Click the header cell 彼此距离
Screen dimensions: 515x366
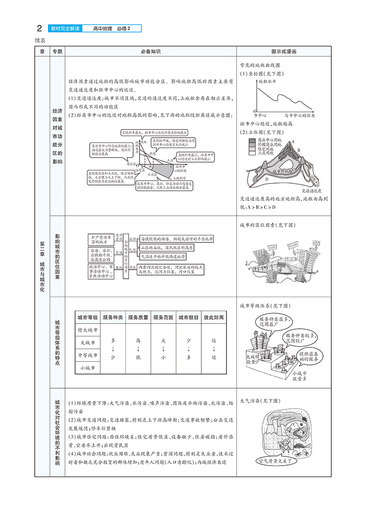214,317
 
